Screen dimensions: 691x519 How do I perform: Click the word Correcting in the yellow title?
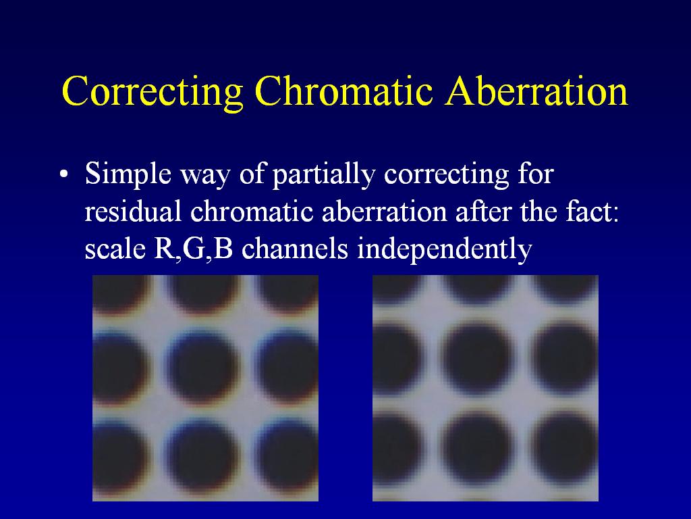pos(153,91)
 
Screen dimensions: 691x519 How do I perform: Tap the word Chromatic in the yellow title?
pos(343,91)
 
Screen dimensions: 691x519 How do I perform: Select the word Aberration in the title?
pos(536,91)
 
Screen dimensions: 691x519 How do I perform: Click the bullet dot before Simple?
pos(64,174)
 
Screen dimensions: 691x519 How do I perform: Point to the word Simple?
pos(128,174)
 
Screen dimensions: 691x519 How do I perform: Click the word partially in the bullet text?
pos(323,175)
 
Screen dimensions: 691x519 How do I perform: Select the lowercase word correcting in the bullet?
pos(447,176)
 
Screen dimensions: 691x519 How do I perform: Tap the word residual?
pos(133,212)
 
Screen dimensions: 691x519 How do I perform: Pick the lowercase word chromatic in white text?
pos(252,212)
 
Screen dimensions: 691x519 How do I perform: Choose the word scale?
pos(115,249)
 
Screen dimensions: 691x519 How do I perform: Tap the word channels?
pos(295,249)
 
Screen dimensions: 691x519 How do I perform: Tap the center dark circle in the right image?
pos(477,358)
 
